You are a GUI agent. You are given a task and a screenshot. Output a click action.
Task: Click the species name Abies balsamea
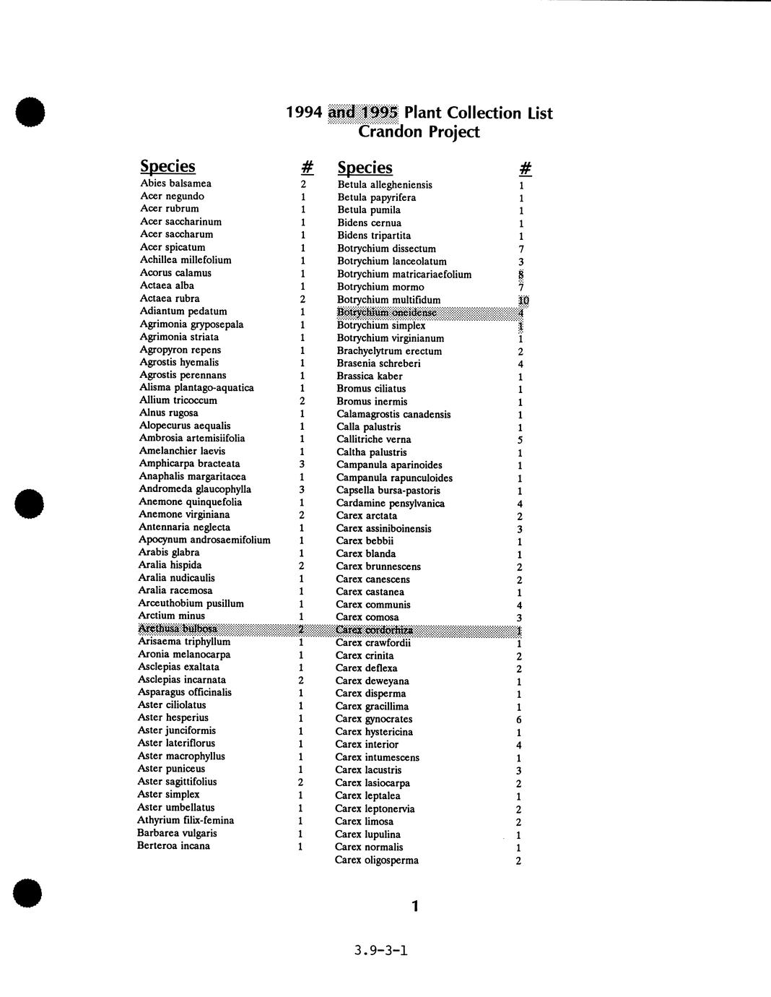click(175, 184)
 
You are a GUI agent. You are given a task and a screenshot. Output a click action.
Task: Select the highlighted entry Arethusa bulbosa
click(178, 629)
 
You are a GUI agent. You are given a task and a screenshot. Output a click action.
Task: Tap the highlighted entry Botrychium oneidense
click(387, 312)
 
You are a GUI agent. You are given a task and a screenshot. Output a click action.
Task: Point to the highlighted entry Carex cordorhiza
click(374, 630)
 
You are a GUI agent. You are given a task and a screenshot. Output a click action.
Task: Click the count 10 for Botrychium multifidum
click(523, 301)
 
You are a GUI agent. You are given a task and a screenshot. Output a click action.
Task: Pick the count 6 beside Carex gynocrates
click(519, 720)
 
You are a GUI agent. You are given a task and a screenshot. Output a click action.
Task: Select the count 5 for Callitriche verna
click(520, 440)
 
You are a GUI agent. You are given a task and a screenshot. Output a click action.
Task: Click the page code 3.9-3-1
click(381, 950)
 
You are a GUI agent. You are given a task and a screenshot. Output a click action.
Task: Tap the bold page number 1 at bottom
click(414, 906)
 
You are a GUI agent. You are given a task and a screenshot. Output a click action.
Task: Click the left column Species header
click(167, 166)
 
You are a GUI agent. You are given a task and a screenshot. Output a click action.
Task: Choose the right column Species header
click(365, 168)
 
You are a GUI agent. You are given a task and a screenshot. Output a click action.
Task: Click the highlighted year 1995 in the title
click(380, 113)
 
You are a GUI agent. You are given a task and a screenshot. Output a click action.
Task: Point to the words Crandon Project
click(419, 131)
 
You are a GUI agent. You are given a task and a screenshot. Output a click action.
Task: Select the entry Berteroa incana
click(173, 846)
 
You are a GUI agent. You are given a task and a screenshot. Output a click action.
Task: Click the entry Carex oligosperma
click(377, 860)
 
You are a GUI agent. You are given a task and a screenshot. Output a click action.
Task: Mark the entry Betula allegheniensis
click(385, 185)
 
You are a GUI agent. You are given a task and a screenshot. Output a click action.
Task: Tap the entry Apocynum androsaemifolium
click(204, 540)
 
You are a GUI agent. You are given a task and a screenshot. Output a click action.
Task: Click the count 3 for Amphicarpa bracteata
click(302, 464)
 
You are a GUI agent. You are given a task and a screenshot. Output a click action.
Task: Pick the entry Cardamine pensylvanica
click(391, 504)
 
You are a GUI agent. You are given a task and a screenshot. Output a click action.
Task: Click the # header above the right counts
click(526, 168)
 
